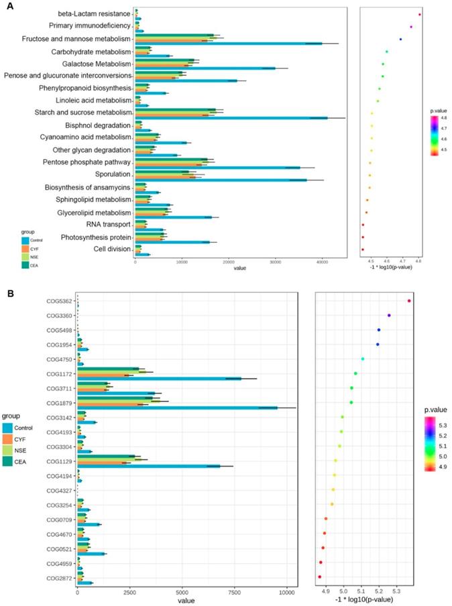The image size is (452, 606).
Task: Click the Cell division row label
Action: [x=113, y=249]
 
